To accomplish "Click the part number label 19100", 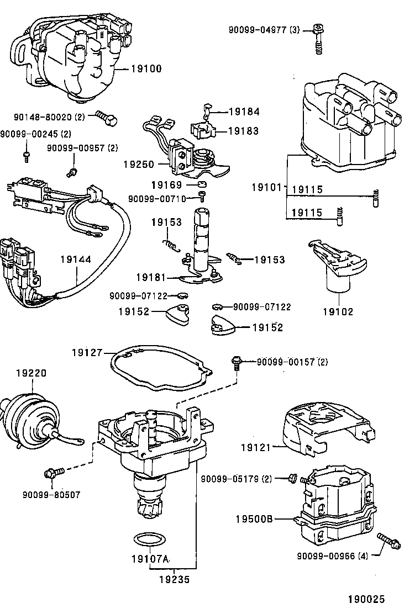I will pyautogui.click(x=146, y=69).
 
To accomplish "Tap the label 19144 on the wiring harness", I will pyautogui.click(x=76, y=258).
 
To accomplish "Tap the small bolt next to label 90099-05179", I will pyautogui.click(x=293, y=478).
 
